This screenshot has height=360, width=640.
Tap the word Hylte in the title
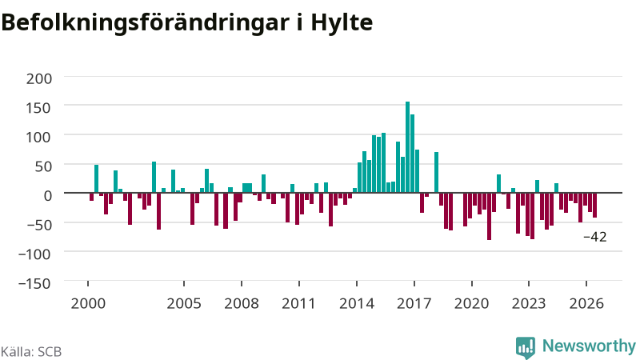[x=342, y=23]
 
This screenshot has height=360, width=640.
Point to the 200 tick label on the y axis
[x=39, y=78]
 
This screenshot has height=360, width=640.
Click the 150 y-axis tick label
[x=39, y=108]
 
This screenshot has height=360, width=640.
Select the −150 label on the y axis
[x=34, y=283]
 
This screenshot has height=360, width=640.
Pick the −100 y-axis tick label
[x=34, y=254]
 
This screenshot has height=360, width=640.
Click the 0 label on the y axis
[x=48, y=195]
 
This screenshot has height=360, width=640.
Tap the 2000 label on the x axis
[x=88, y=304]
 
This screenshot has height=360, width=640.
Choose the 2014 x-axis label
[x=357, y=304]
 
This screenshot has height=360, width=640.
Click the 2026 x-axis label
[x=586, y=304]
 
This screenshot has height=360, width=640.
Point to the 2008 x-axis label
[x=242, y=304]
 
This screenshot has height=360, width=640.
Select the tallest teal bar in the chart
[x=407, y=147]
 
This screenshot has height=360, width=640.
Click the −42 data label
[x=595, y=237]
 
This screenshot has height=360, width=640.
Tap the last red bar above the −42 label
[x=594, y=205]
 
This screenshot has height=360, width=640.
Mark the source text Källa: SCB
[x=31, y=351]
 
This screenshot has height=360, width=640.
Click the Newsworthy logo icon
[x=526, y=347]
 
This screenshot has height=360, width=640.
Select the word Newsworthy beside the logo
[x=589, y=346]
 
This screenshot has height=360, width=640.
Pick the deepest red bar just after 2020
[x=489, y=216]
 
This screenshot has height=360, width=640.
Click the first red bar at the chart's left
[x=91, y=197]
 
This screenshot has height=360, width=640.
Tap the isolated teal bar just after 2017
[x=436, y=172]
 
